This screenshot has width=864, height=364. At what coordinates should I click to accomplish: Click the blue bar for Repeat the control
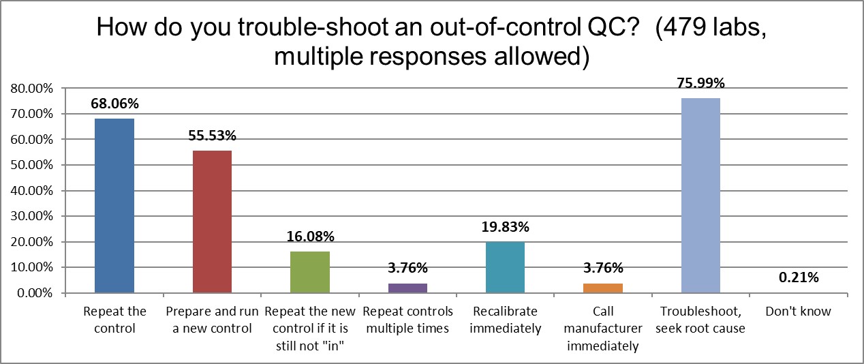[114, 206]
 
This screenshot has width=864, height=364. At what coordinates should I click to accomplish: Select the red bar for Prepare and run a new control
[213, 222]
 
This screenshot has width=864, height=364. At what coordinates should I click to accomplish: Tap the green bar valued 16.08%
[310, 272]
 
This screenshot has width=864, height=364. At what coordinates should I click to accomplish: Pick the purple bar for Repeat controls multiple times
[407, 288]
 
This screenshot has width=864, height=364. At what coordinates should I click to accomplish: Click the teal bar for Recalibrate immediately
[505, 267]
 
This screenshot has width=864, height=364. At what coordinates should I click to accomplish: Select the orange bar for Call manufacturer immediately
[603, 288]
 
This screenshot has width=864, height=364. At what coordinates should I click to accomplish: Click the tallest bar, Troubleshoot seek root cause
[700, 196]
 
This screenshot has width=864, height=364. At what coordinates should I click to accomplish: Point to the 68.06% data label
[114, 104]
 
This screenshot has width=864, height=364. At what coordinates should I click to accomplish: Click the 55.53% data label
[213, 136]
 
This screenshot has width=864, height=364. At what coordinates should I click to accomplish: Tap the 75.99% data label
[700, 84]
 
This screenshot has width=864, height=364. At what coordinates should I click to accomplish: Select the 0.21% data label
[798, 278]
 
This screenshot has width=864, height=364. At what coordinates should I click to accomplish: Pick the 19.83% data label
[505, 228]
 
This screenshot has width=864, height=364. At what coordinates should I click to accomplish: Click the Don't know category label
[798, 312]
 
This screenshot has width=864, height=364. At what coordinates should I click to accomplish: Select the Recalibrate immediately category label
[505, 320]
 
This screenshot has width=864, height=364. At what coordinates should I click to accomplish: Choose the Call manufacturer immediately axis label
[603, 329]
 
